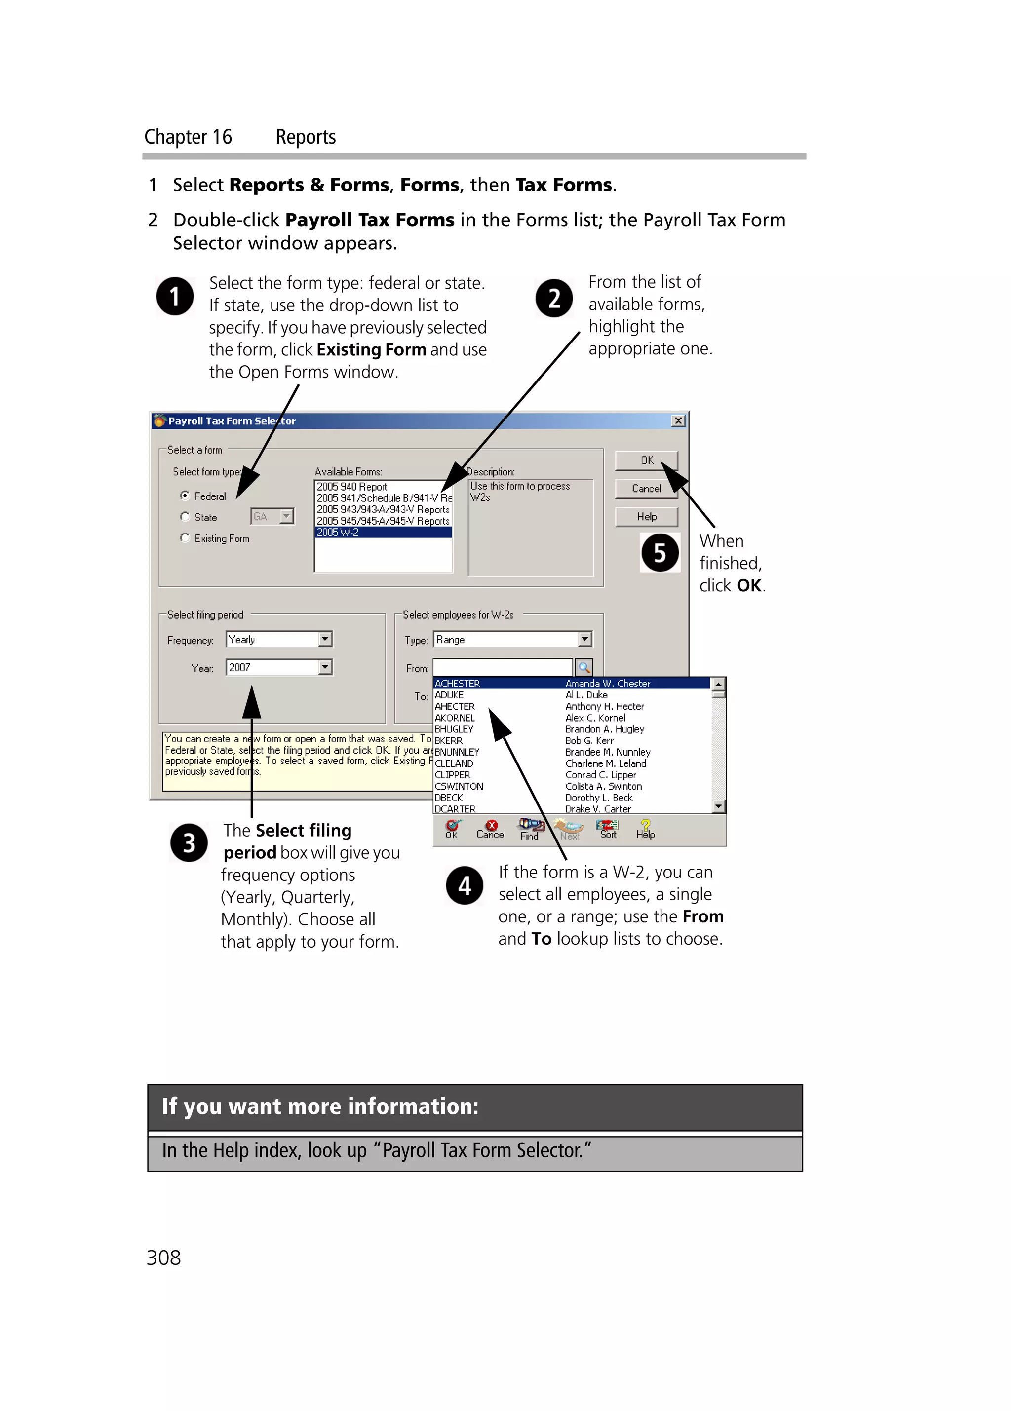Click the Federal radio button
click(185, 496)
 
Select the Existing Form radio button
click(185, 538)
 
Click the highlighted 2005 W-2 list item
click(382, 533)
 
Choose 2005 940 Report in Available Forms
click(352, 487)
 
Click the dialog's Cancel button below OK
click(646, 489)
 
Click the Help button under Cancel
click(646, 516)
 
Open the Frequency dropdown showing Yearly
click(325, 639)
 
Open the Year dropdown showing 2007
click(325, 667)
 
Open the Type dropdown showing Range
click(584, 639)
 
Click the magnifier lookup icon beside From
click(583, 668)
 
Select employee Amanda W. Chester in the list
click(607, 683)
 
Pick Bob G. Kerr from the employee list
click(588, 740)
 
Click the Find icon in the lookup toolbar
click(530, 829)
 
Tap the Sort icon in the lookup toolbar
click(607, 829)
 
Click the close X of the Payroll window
click(678, 420)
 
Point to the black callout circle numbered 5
click(660, 552)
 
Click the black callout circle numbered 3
click(189, 842)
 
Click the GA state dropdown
click(272, 516)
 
